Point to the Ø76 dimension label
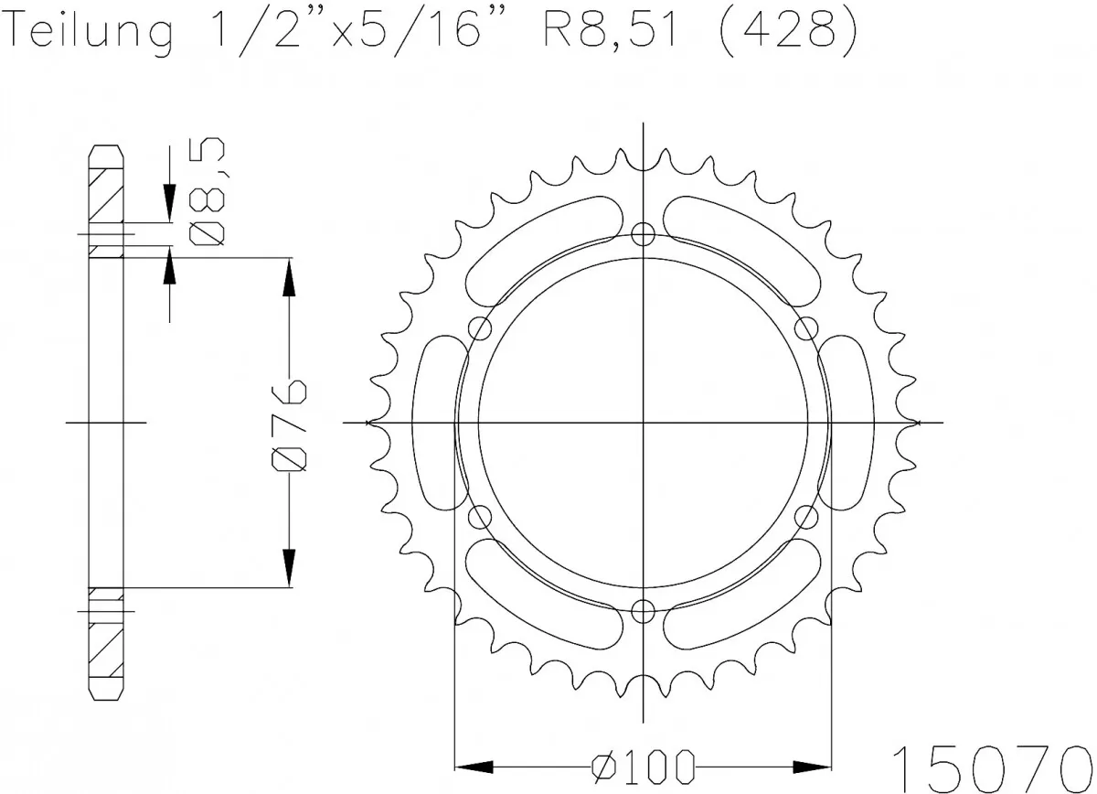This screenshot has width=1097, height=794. coord(290,422)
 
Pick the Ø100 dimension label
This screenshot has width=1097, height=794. coord(643,765)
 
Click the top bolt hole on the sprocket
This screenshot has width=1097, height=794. coord(644,232)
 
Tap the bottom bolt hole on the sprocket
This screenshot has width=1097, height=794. coord(644,611)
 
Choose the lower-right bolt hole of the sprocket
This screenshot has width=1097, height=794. coord(807,518)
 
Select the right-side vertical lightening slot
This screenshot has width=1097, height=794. coord(851,422)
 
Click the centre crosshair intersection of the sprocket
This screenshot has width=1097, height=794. coord(644,423)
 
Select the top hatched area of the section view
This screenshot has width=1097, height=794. coord(104,194)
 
